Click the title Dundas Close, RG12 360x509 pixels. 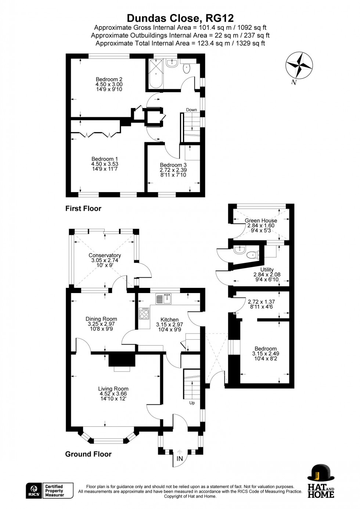pyautogui.click(x=180, y=18)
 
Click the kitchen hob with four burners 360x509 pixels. pyautogui.click(x=144, y=314)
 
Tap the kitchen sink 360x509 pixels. pyautogui.click(x=163, y=299)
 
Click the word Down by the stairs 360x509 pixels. pyautogui.click(x=191, y=110)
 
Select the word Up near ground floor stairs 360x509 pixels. pyautogui.click(x=192, y=403)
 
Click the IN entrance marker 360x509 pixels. pyautogui.click(x=180, y=459)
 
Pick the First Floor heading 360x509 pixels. pyautogui.click(x=83, y=209)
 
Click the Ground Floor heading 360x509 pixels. pyautogui.click(x=88, y=454)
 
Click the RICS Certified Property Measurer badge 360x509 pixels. pyautogui.click(x=50, y=491)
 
